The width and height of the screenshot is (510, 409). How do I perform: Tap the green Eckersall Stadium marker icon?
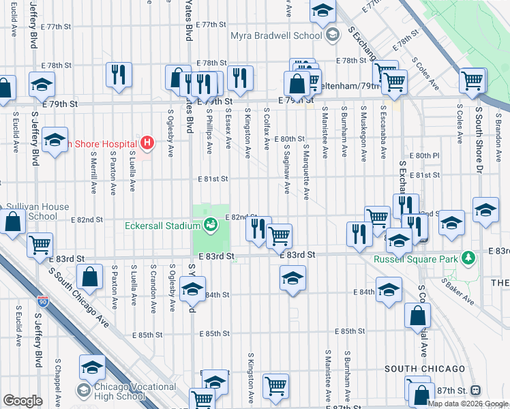click(212, 224)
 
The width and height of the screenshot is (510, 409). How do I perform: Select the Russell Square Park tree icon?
click(468, 258)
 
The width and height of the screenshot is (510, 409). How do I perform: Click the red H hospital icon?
click(146, 143)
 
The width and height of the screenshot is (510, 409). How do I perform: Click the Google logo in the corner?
click(22, 401)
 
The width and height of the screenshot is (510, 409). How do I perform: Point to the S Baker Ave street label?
click(457, 290)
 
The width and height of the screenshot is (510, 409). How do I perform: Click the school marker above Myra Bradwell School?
click(322, 10)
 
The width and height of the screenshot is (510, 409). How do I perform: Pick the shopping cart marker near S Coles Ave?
click(472, 80)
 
